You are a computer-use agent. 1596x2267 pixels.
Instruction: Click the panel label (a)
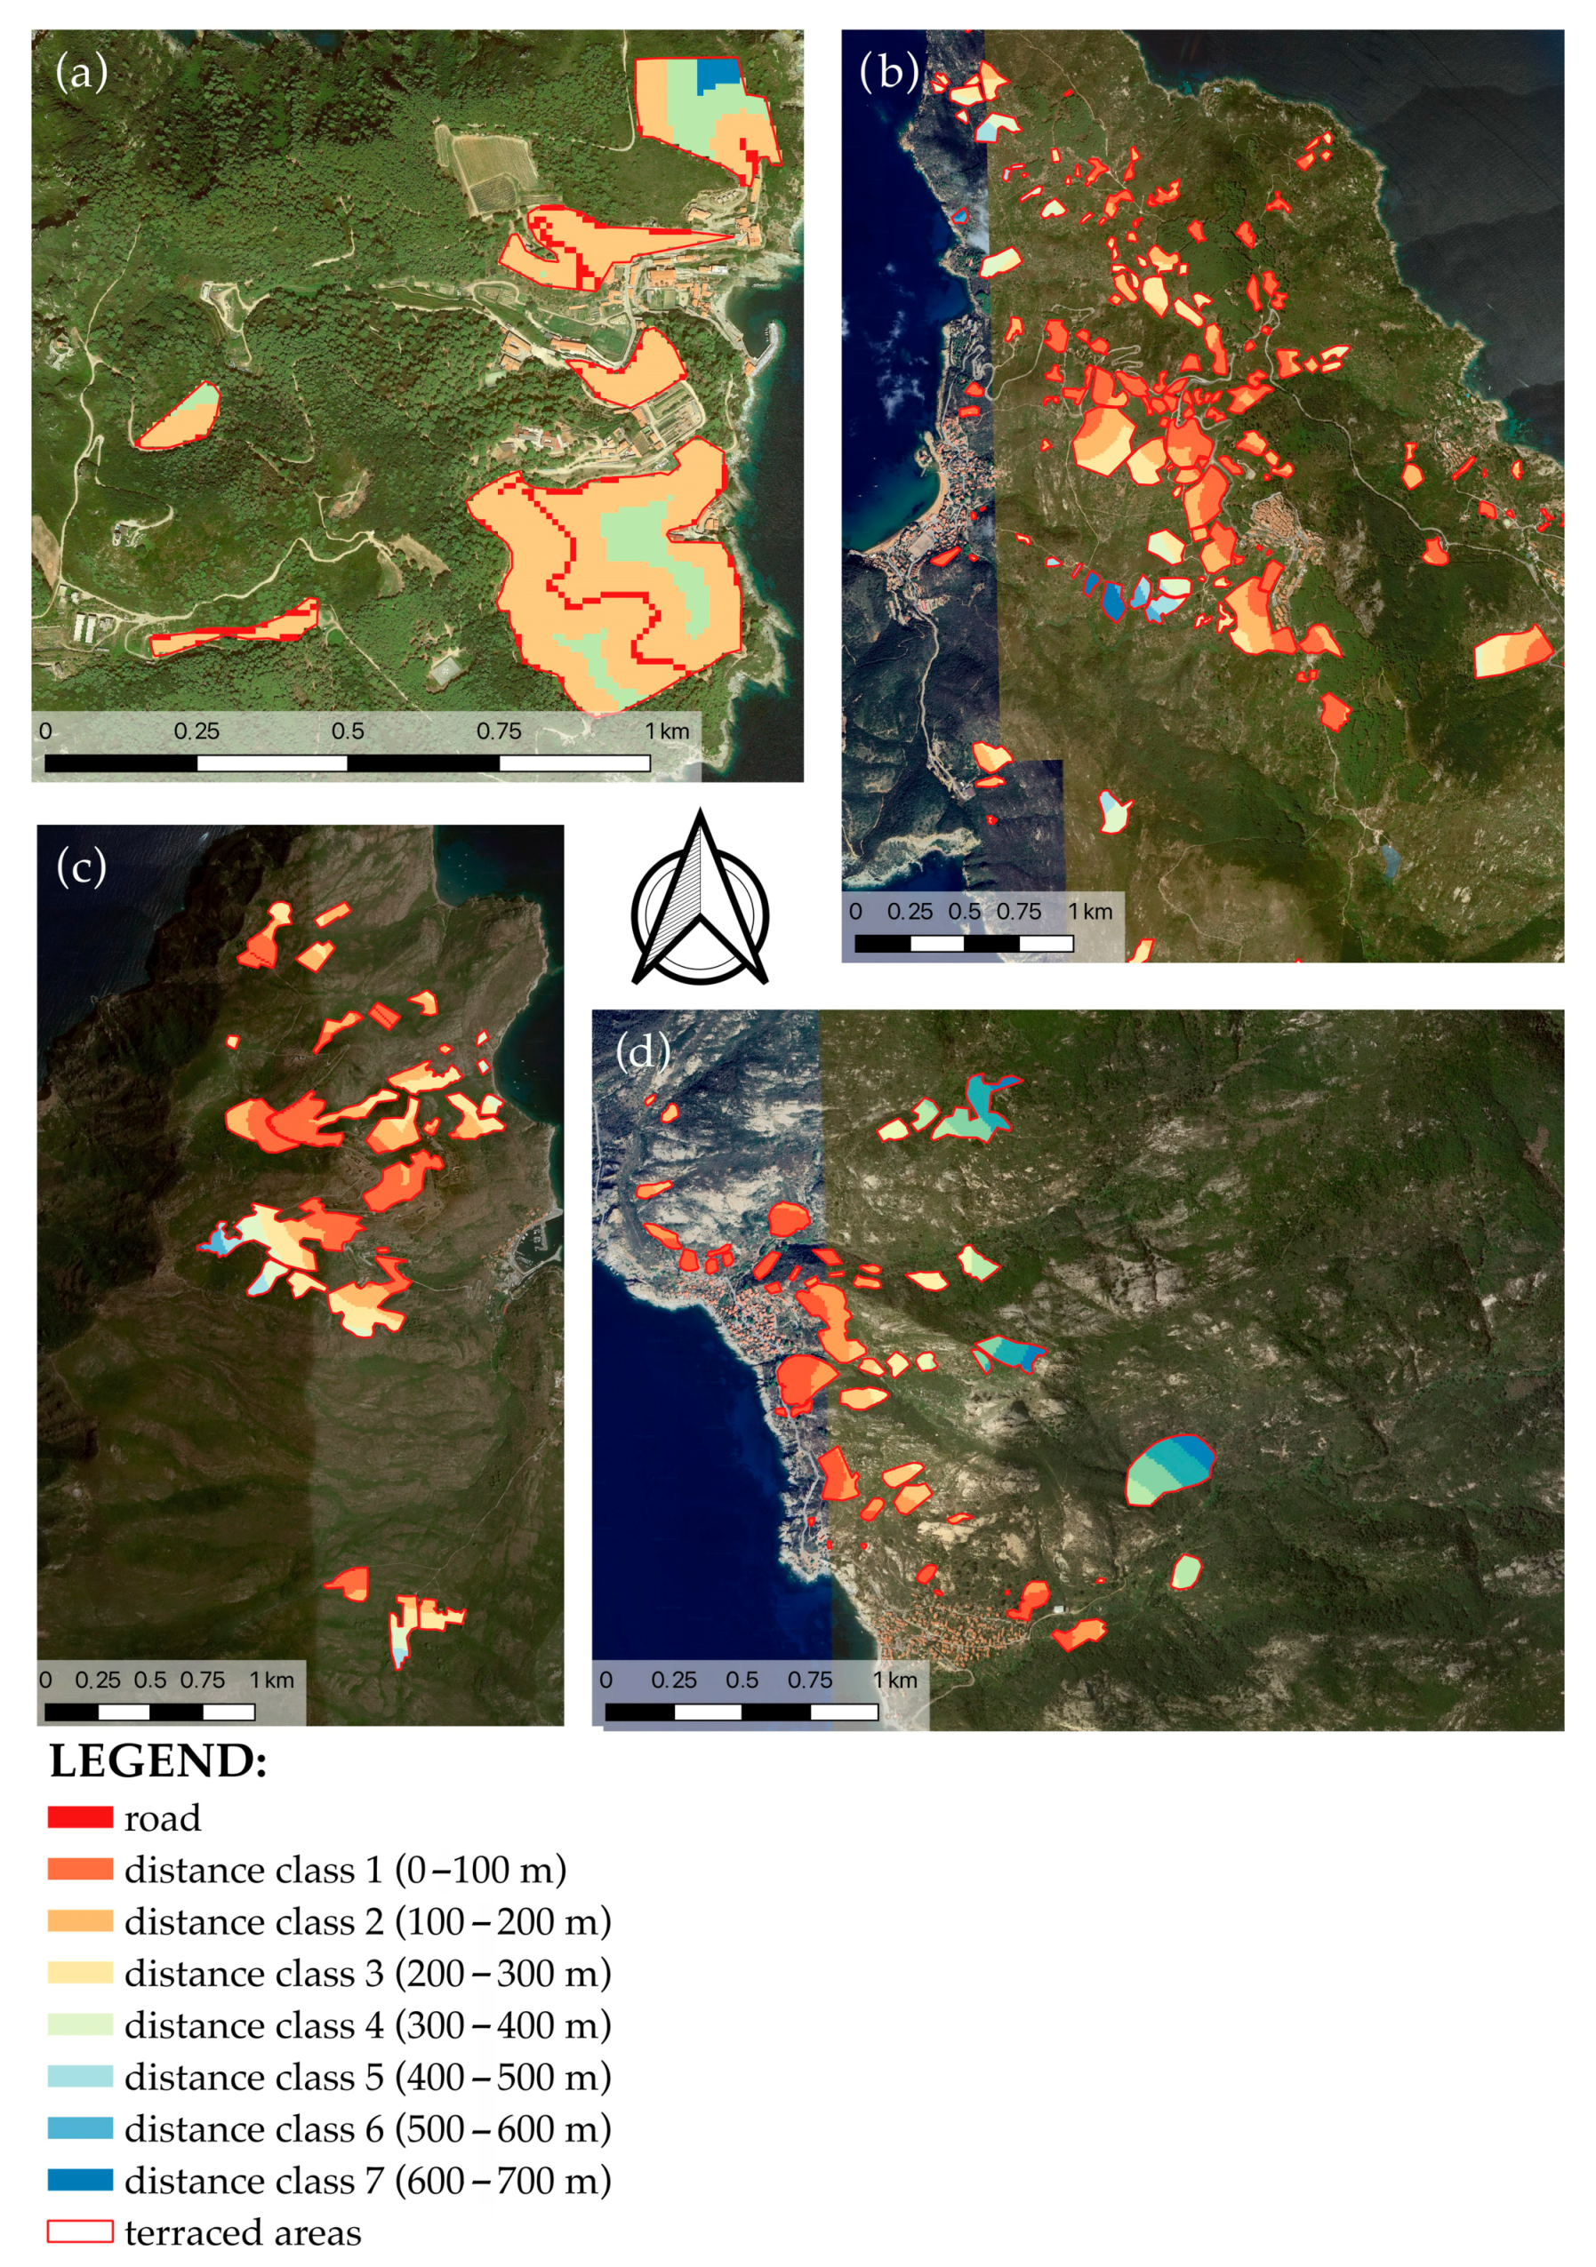[x=81, y=72]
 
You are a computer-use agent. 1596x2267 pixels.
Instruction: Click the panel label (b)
[x=889, y=72]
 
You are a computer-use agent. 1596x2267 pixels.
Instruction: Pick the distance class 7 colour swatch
[x=80, y=2179]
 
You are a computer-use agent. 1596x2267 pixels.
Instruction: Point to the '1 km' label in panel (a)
[x=668, y=731]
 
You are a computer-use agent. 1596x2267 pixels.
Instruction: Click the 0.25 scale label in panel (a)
[x=196, y=731]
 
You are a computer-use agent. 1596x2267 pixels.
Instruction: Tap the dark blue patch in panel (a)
[x=718, y=74]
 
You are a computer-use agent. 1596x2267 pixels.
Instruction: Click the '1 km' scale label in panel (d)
[x=894, y=1680]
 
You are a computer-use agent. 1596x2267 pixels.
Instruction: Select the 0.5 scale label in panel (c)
[x=150, y=1680]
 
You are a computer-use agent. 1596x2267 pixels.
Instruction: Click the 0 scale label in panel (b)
[x=855, y=912]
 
